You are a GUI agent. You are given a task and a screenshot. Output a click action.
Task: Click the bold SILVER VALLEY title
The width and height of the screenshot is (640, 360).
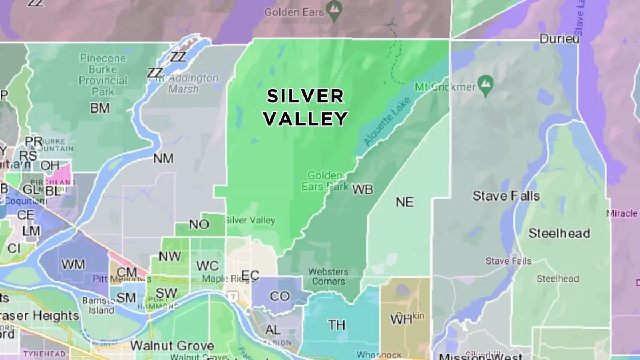pyautogui.click(x=306, y=107)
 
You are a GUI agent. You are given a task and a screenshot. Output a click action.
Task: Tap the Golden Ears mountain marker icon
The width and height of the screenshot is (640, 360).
pyautogui.click(x=334, y=9)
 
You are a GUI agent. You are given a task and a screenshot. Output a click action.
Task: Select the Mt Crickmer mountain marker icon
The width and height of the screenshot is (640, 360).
pyautogui.click(x=486, y=84)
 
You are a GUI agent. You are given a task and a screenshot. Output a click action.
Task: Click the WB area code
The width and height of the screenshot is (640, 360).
pyautogui.click(x=363, y=189)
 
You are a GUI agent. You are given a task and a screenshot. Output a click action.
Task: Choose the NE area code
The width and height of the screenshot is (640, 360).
pyautogui.click(x=405, y=202)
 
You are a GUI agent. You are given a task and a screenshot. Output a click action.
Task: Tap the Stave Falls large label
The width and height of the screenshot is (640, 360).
pyautogui.click(x=506, y=196)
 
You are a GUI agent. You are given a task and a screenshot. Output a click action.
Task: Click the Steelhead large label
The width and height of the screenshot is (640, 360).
pyautogui.click(x=559, y=234)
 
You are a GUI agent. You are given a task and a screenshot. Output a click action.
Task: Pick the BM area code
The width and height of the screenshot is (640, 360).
pyautogui.click(x=100, y=108)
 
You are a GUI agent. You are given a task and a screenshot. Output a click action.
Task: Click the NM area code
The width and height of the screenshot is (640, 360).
pyautogui.click(x=163, y=158)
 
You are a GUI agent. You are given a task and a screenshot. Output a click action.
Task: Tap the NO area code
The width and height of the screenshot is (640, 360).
pyautogui.click(x=199, y=225)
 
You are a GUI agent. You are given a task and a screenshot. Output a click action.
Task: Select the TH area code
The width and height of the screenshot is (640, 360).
pyautogui.click(x=337, y=325)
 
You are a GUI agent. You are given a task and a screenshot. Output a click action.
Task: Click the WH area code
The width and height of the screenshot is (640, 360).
pyautogui.click(x=401, y=320)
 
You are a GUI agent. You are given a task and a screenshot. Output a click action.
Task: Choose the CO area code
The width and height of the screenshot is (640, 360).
pyautogui.click(x=279, y=297)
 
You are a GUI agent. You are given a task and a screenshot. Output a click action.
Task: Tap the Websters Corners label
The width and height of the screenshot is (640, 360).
pyautogui.click(x=328, y=276)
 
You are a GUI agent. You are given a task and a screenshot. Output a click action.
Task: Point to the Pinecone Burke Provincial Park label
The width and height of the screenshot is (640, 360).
pyautogui.click(x=103, y=75)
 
